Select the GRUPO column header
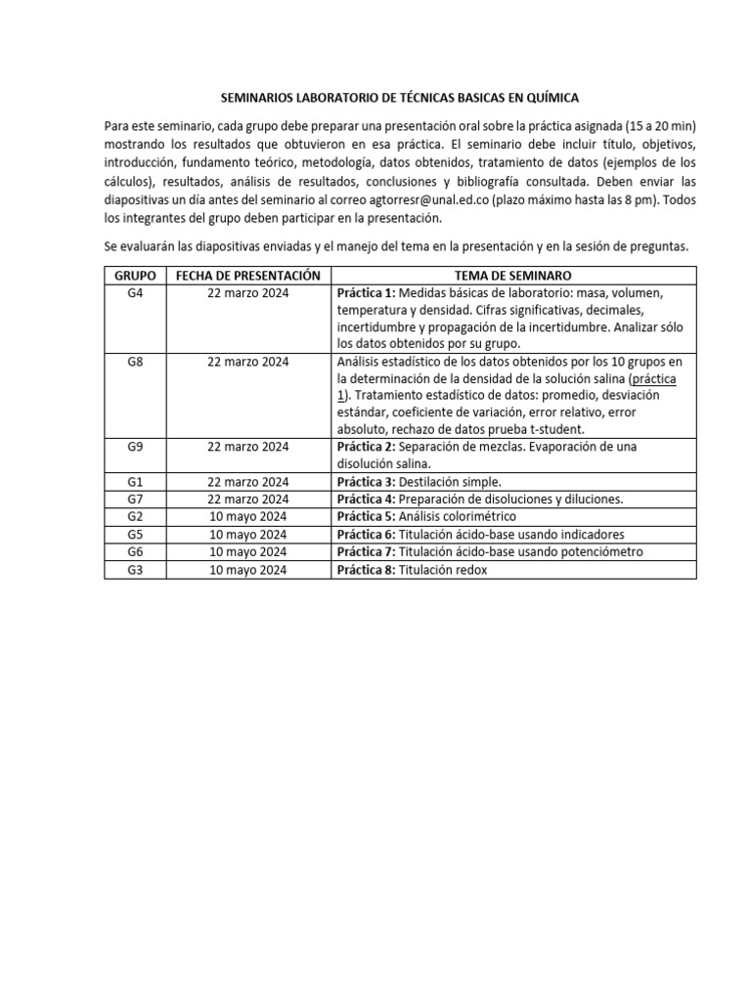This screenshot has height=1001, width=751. [x=135, y=276]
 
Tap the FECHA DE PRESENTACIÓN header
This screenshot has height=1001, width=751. [x=248, y=276]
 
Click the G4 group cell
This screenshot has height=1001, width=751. [x=135, y=293]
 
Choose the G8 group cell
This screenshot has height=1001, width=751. [x=135, y=363]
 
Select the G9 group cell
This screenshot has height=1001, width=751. [x=135, y=447]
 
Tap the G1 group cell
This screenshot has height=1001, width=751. [x=135, y=482]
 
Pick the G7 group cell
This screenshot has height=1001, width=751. [x=135, y=499]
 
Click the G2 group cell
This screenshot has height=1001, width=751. [x=135, y=516]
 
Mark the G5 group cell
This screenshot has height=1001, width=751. [x=135, y=534]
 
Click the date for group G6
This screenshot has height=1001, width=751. [x=248, y=551]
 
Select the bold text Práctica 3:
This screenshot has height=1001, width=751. [x=366, y=482]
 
